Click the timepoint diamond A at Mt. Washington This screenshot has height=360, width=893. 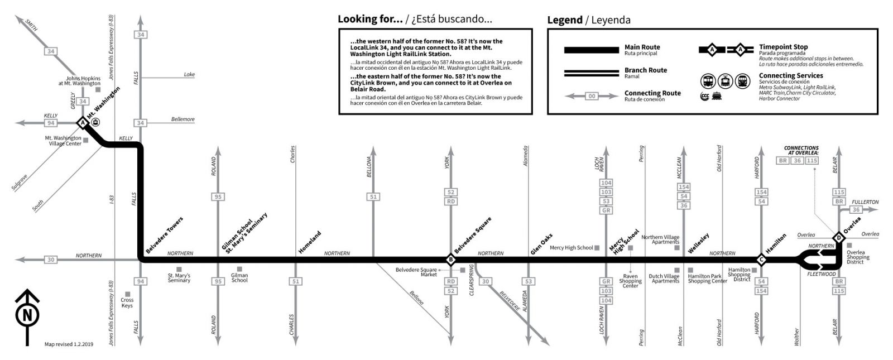[x=83, y=122]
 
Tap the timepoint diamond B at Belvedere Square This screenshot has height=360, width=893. [x=450, y=260]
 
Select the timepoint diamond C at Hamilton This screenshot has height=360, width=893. [x=760, y=260]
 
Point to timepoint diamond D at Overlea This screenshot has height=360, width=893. [x=838, y=238]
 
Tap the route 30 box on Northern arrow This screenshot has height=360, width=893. [x=51, y=260]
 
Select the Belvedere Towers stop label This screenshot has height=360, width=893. [x=164, y=236]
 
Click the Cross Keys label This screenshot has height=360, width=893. [x=127, y=303]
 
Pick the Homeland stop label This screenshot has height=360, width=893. [x=310, y=242]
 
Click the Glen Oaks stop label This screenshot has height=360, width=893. [x=541, y=244]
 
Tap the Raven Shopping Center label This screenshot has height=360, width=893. [x=630, y=281]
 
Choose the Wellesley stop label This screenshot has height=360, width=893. [x=699, y=243]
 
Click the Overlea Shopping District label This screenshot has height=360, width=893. [x=858, y=257]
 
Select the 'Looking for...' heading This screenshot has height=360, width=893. [x=370, y=19]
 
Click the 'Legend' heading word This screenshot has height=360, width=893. [x=564, y=20]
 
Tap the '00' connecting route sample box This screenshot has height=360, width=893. [x=592, y=96]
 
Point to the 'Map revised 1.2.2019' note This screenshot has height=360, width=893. [x=69, y=344]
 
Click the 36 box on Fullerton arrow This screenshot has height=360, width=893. [x=856, y=210]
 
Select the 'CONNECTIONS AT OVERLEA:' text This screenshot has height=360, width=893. [x=801, y=150]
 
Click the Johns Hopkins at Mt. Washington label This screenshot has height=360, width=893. [x=79, y=81]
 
